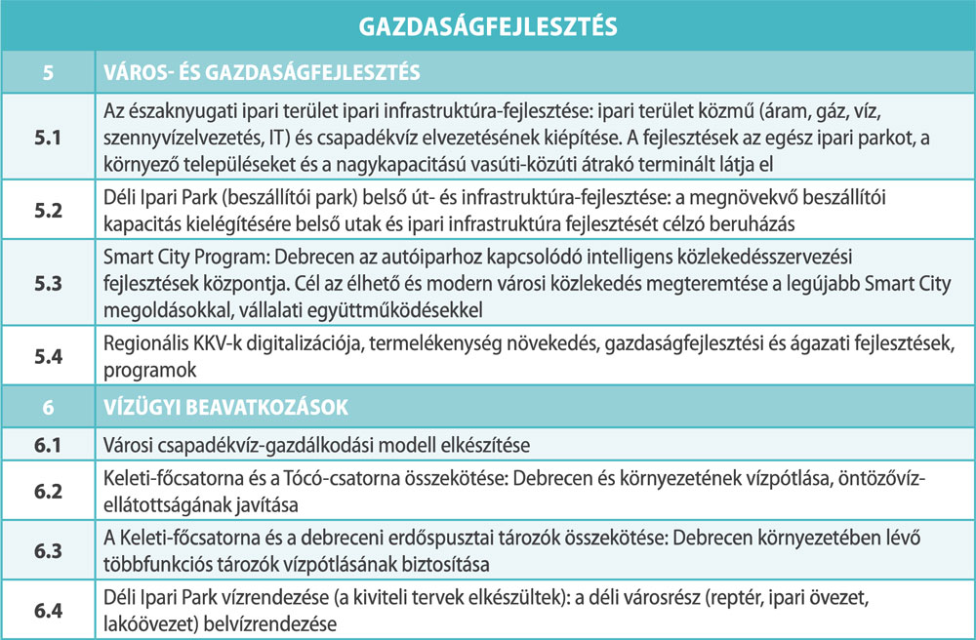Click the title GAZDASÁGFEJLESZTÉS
coord(488,25)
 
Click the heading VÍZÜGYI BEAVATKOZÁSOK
coord(226,405)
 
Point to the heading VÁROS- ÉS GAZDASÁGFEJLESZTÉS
coord(263,71)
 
